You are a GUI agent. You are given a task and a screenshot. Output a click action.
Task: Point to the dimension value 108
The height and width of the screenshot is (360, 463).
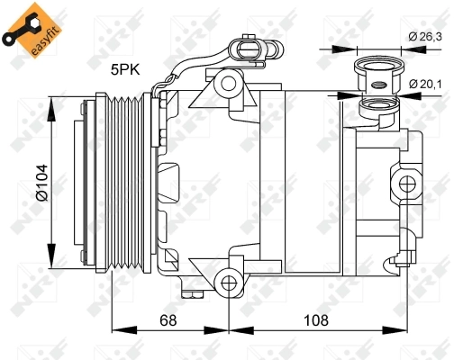[x=316, y=319]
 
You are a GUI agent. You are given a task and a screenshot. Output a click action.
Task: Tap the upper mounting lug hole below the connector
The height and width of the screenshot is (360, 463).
[x=228, y=85]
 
